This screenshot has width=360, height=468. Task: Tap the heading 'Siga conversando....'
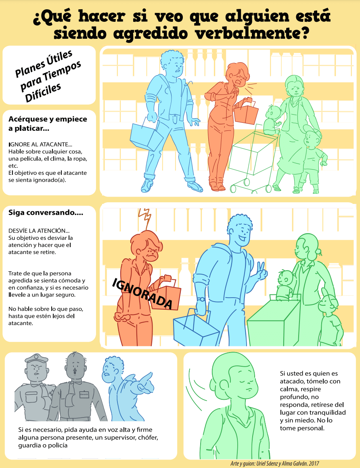click(46, 212)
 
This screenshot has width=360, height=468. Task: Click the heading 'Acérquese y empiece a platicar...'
click(48, 124)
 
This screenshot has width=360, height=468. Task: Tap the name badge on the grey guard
click(84, 394)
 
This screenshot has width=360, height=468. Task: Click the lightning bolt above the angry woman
click(145, 218)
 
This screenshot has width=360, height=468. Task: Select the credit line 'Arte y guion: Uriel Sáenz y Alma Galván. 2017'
click(275, 464)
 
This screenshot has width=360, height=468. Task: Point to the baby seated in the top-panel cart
click(272, 120)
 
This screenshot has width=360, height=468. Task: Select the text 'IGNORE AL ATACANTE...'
click(40, 145)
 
